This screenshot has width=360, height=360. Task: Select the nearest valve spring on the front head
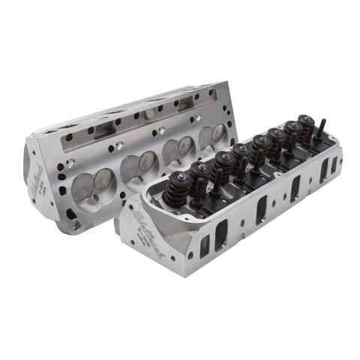coord(181,187)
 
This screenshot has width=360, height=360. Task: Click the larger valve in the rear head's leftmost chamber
coord(103,181)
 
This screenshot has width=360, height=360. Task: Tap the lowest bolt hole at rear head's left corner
coord(70,214)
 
